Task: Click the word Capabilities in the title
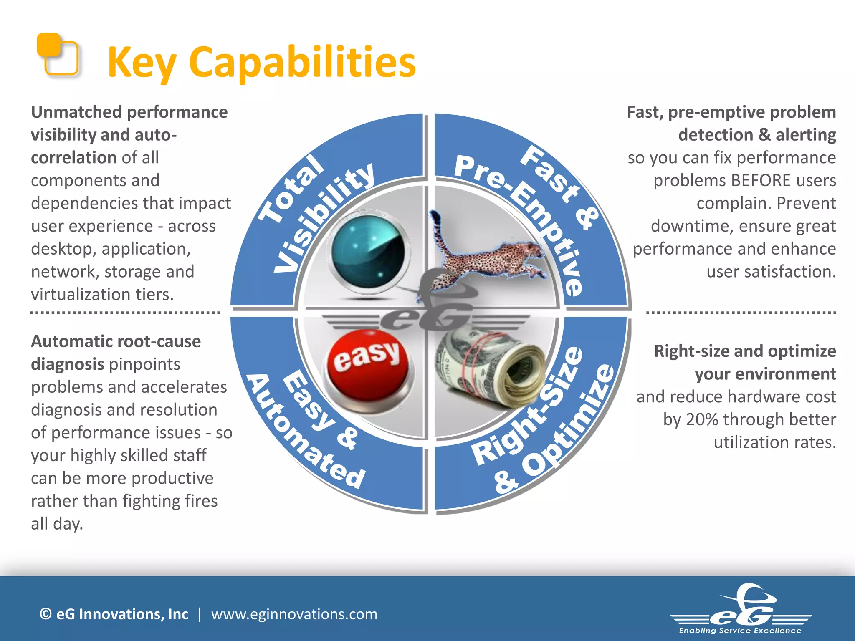tap(302, 63)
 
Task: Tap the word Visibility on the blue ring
tap(324, 217)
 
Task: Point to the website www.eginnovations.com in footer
tap(294, 614)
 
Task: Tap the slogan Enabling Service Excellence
tap(740, 631)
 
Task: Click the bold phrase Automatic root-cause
tap(116, 341)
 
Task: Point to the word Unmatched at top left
tap(76, 112)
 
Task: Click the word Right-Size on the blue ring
tap(528, 407)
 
